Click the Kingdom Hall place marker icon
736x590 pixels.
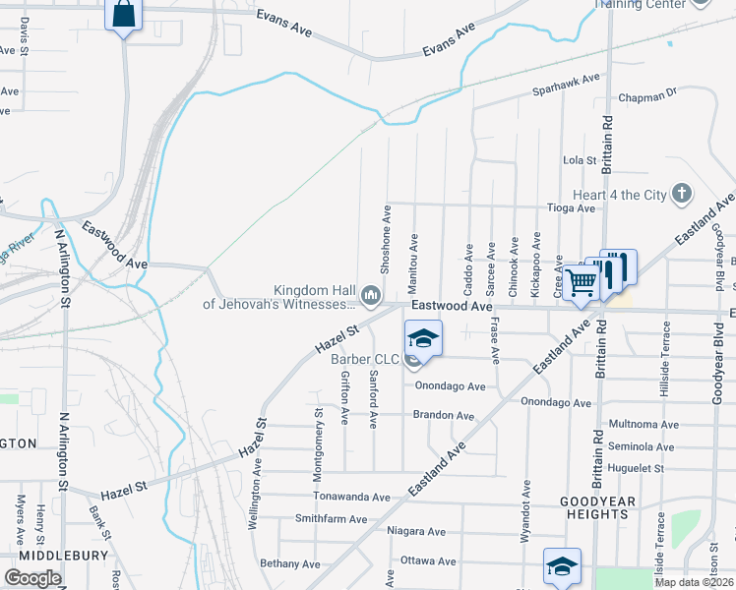point(371,294)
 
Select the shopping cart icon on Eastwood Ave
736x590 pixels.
point(582,282)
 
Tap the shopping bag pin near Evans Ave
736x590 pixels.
point(123,16)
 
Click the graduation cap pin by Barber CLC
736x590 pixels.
point(423,339)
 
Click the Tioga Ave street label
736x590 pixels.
point(573,208)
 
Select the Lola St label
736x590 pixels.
point(580,159)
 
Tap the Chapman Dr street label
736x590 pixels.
point(648,98)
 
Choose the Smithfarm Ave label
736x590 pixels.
point(331,519)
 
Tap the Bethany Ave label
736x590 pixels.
point(290,563)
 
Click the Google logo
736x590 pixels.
point(32,578)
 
